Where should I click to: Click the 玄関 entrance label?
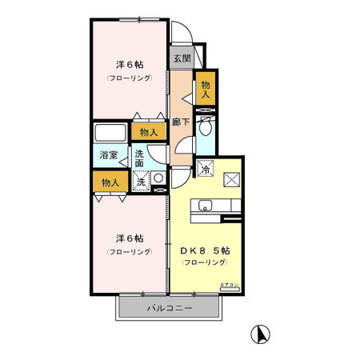pyautogui.click(x=182, y=58)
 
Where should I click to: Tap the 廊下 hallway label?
pyautogui.click(x=181, y=122)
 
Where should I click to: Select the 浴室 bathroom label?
pyautogui.click(x=108, y=154)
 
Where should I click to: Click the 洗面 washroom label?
pyautogui.click(x=139, y=158)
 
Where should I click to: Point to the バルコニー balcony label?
pyautogui.click(x=168, y=307)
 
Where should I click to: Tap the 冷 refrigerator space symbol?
pyautogui.click(x=206, y=169)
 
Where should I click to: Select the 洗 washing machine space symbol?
pyautogui.click(x=141, y=182)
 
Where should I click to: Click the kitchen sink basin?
pyautogui.click(x=203, y=205)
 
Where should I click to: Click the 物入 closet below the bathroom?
pyautogui.click(x=110, y=182)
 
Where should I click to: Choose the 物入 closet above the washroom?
pyautogui.click(x=149, y=132)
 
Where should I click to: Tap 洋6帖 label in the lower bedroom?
pyautogui.click(x=128, y=238)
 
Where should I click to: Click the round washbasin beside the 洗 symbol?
pyautogui.click(x=158, y=179)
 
